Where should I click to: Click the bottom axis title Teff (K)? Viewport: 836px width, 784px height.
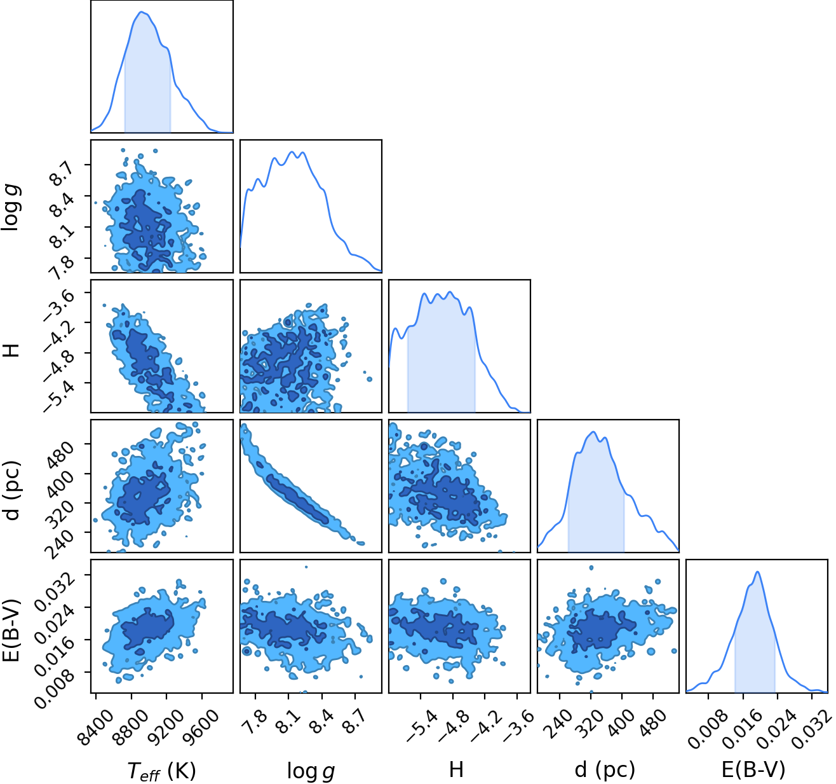[x=161, y=771]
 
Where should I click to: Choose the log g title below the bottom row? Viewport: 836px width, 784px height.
[x=311, y=771]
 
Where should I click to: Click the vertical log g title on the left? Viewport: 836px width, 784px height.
[x=11, y=207]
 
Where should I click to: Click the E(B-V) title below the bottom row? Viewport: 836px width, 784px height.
[x=754, y=770]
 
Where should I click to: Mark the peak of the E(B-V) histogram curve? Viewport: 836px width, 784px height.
[x=758, y=572]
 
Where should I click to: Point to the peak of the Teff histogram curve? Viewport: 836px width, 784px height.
[x=142, y=11]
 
